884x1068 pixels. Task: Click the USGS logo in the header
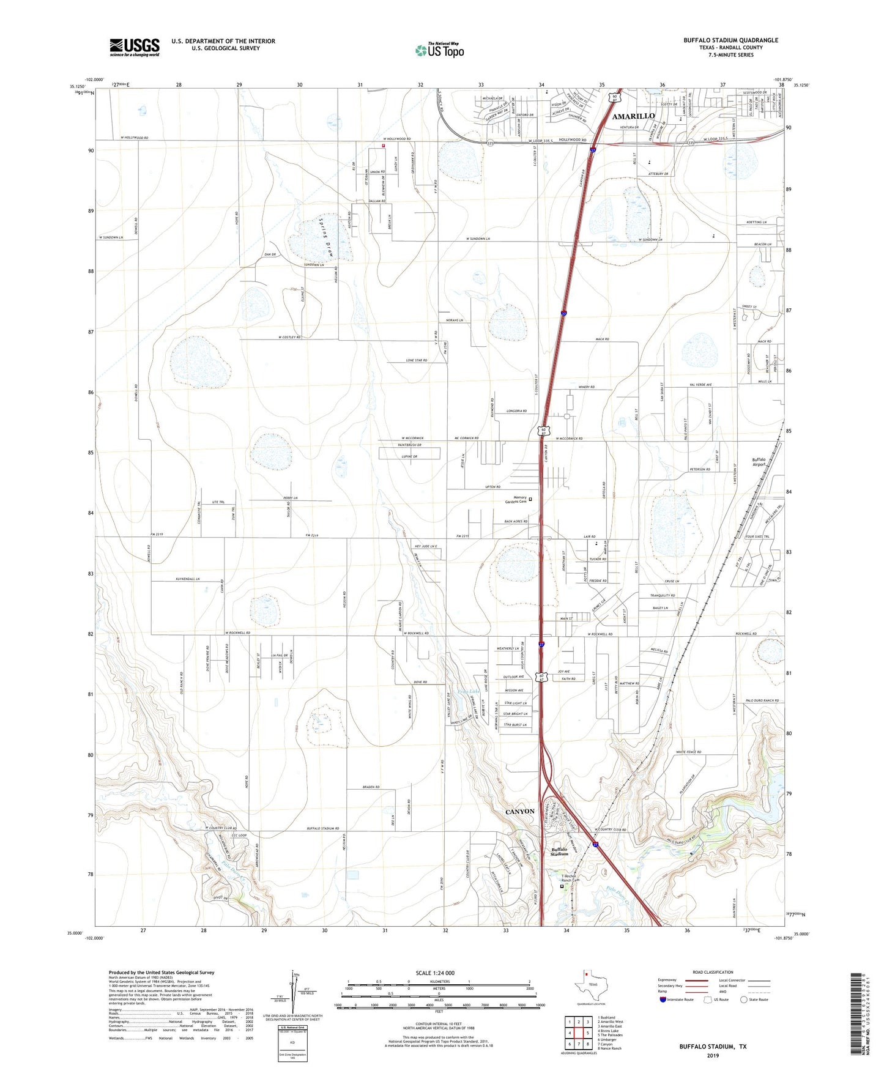tap(135, 47)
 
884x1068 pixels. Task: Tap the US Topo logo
tap(439, 50)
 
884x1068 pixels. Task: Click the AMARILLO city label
tap(633, 116)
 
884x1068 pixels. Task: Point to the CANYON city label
tap(520, 812)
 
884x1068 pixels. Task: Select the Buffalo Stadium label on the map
tap(559, 851)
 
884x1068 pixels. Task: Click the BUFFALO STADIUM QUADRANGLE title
tap(730, 40)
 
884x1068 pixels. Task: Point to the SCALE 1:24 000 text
tap(435, 973)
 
